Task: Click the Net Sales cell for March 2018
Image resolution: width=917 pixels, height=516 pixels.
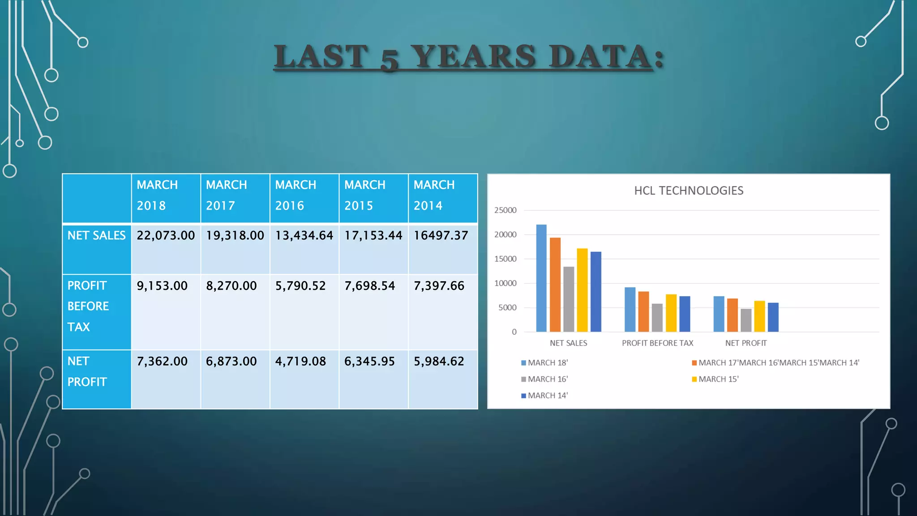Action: pyautogui.click(x=166, y=236)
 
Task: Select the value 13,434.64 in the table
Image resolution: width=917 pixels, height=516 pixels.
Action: pyautogui.click(x=304, y=236)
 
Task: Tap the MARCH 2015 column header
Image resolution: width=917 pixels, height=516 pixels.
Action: pyautogui.click(x=365, y=195)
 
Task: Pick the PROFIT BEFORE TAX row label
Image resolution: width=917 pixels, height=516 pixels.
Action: pyautogui.click(x=88, y=306)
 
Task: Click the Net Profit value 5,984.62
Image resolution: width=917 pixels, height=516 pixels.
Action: pyautogui.click(x=439, y=361)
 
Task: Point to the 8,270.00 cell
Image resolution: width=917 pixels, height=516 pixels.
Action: pyautogui.click(x=231, y=286)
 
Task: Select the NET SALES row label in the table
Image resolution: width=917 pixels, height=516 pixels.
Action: pyautogui.click(x=96, y=236)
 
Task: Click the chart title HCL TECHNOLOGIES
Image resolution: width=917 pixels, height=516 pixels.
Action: pyautogui.click(x=689, y=191)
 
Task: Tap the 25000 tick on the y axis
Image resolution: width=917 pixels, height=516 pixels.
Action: pyautogui.click(x=505, y=211)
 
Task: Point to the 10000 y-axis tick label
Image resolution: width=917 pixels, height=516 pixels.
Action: pyautogui.click(x=505, y=284)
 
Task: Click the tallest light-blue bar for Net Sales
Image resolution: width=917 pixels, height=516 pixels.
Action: pyautogui.click(x=541, y=278)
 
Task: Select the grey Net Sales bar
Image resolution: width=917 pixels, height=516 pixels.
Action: pyautogui.click(x=569, y=299)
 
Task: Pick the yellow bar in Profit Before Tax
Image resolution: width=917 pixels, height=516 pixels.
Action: pyautogui.click(x=671, y=313)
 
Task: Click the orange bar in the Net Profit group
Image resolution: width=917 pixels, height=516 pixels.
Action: pyautogui.click(x=733, y=315)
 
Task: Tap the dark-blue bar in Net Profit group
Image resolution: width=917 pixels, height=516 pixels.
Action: pyautogui.click(x=773, y=317)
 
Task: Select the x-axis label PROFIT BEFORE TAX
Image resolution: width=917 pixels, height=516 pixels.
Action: pyautogui.click(x=657, y=343)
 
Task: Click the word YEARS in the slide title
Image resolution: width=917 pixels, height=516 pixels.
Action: pyautogui.click(x=473, y=57)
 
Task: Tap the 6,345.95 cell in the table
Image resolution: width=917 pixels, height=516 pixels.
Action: pyautogui.click(x=369, y=361)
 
